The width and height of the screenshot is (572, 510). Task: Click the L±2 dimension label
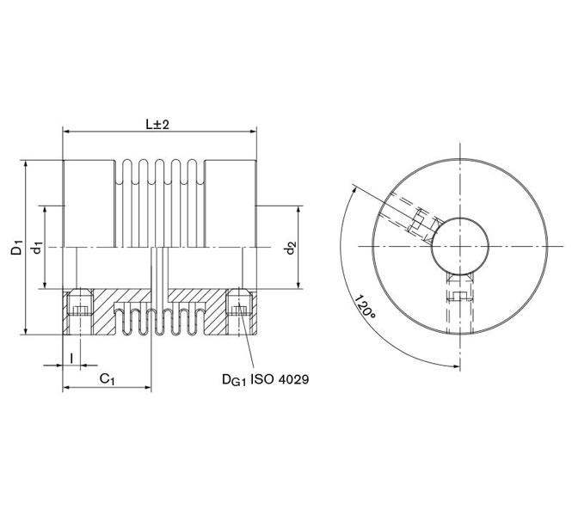coord(157,124)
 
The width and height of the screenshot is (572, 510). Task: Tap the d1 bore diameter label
coord(37,249)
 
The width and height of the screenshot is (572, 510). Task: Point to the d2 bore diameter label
coord(292,249)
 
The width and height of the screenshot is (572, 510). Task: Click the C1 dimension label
coord(108,378)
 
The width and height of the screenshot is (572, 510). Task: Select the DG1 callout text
coord(231,378)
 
